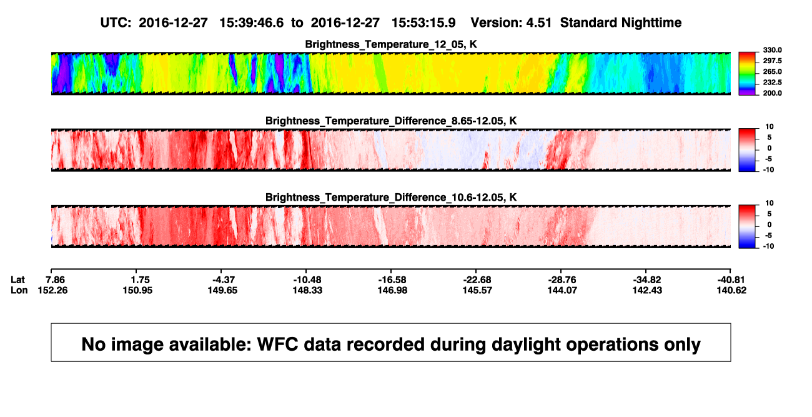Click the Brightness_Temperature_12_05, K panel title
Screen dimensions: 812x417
(391, 44)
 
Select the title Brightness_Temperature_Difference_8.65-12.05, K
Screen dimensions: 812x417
(391, 121)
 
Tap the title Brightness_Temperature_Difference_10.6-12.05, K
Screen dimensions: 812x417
(391, 198)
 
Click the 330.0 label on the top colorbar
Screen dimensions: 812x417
(772, 50)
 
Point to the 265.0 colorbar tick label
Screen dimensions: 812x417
(772, 71)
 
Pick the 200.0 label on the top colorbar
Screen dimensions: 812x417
(772, 93)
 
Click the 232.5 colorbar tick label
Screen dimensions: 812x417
(772, 83)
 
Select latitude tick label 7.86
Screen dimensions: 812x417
(55, 280)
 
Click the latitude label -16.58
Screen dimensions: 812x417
(392, 280)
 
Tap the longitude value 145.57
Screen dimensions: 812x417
(477, 290)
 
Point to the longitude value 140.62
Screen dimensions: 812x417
(731, 290)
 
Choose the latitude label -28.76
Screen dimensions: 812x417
(562, 280)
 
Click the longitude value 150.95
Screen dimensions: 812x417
(137, 290)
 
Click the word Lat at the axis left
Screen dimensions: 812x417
(17, 280)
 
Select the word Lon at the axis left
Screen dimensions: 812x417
(19, 290)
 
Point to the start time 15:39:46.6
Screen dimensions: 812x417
(252, 23)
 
